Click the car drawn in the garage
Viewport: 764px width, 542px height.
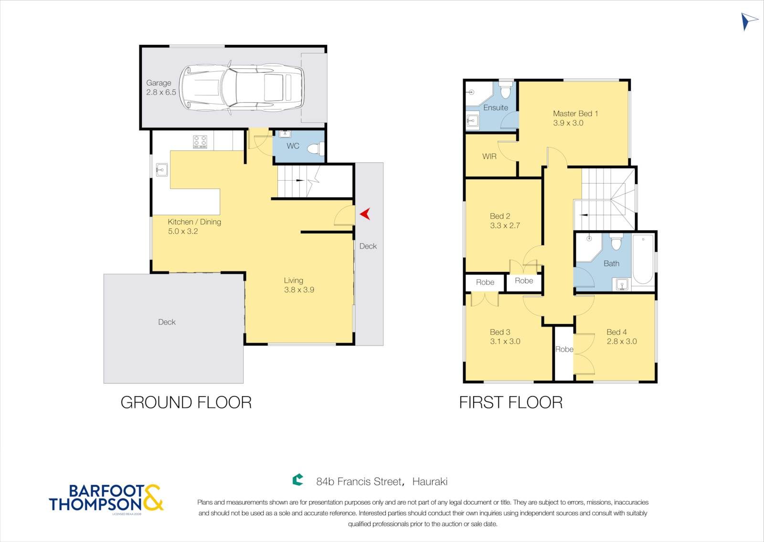242,88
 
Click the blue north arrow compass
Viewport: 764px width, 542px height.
748,22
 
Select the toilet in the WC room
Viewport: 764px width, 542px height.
316,149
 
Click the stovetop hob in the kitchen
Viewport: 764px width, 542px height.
200,141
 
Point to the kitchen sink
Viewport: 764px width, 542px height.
162,170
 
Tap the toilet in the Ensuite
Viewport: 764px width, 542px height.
506,89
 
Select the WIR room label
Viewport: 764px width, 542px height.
489,156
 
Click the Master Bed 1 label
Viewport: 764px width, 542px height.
575,114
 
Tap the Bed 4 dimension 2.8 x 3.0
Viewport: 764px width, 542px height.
621,341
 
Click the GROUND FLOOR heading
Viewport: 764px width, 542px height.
186,402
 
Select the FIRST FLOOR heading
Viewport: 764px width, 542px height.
511,402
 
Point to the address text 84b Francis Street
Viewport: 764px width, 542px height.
359,482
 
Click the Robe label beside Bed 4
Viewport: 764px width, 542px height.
564,349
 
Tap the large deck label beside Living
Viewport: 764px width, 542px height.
167,322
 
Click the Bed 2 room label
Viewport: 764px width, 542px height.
499,216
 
